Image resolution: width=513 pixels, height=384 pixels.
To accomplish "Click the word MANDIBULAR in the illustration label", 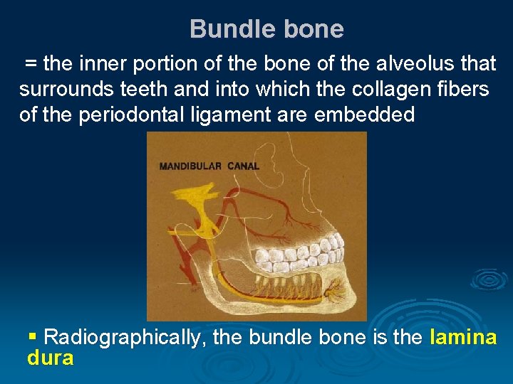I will [191, 166].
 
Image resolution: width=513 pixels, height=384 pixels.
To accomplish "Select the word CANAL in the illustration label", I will [244, 166].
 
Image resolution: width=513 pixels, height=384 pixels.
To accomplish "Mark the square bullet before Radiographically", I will [32, 335].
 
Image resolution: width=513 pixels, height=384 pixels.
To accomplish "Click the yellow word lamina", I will [463, 337].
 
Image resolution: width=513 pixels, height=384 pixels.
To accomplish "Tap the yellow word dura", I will [50, 358].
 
